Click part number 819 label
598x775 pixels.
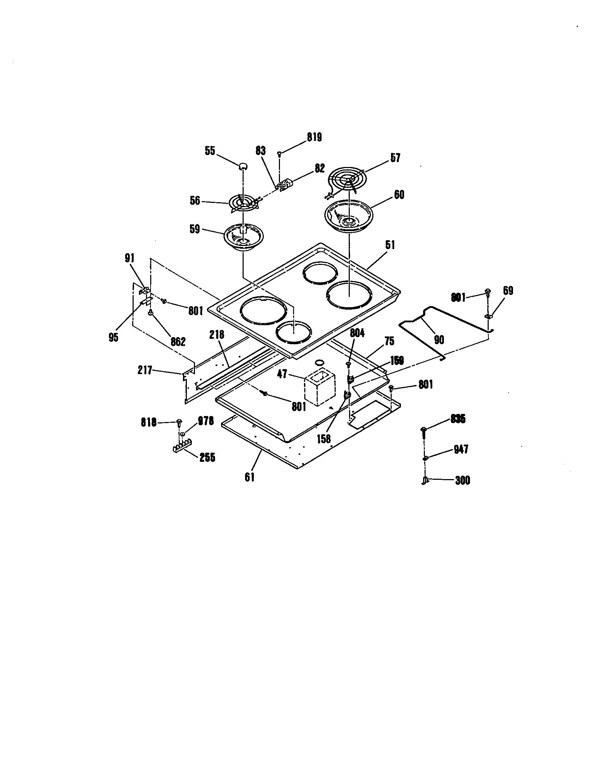(314, 137)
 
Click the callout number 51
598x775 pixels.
(390, 245)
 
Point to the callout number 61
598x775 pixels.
(250, 477)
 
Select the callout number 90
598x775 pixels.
(439, 340)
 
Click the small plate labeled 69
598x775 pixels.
(488, 316)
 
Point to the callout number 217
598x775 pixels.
(145, 371)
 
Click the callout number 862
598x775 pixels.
(178, 342)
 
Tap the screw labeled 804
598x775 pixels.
(348, 365)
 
